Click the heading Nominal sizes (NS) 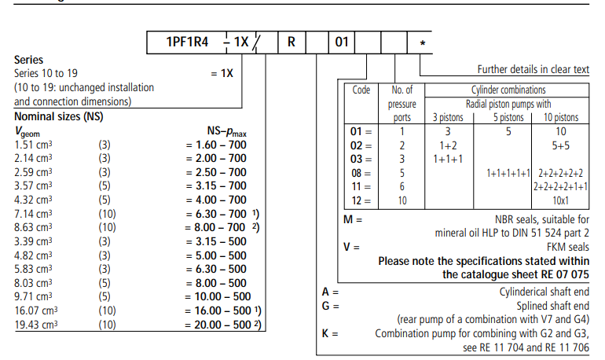pos(59,116)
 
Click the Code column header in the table pos(361,90)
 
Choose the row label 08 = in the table pos(361,172)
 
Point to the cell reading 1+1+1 pos(449,159)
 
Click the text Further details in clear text pos(533,70)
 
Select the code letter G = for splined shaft pos(331,305)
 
